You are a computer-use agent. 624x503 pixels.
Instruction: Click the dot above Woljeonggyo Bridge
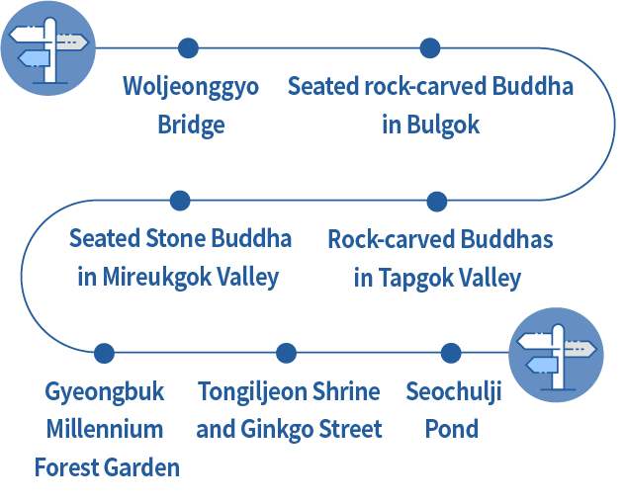tap(188, 47)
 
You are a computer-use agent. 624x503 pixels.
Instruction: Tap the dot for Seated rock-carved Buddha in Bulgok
tap(429, 47)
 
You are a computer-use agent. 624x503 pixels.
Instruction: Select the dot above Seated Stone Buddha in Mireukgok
tap(180, 201)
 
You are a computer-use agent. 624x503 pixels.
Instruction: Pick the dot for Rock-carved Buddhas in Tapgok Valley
tap(437, 201)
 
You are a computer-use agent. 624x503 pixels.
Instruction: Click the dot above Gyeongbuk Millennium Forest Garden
tap(104, 353)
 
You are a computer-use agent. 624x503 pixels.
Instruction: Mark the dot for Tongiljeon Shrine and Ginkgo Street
tap(287, 353)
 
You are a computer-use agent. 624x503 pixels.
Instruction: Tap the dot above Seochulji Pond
tap(451, 353)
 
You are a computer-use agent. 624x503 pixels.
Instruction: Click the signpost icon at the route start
tap(46, 48)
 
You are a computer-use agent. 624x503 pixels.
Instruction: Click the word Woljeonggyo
tap(191, 87)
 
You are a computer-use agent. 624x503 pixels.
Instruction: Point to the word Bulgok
tap(444, 126)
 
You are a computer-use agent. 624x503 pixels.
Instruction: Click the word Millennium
tap(106, 430)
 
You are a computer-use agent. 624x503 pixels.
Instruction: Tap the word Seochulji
tap(454, 391)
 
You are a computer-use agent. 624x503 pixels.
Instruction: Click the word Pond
tap(452, 430)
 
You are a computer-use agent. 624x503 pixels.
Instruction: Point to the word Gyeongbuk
tap(105, 391)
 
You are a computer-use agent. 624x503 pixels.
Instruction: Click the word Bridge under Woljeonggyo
tap(191, 126)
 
